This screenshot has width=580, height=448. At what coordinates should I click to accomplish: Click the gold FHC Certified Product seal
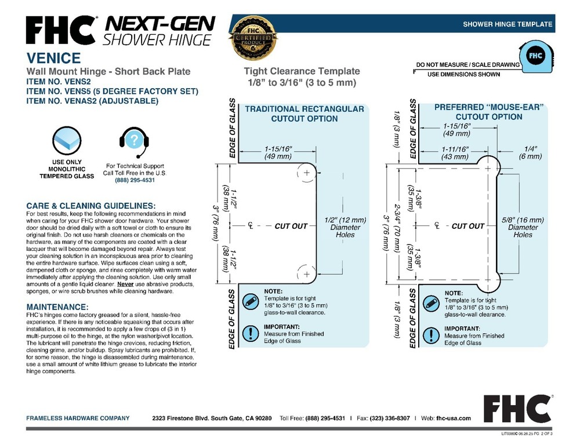(x=253, y=38)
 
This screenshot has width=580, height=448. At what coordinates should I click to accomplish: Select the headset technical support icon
(x=135, y=141)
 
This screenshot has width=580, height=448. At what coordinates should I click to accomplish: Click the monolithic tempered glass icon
(x=67, y=140)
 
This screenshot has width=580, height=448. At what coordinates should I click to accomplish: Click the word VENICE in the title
(x=53, y=58)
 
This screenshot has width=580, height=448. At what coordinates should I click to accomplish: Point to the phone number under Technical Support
(x=135, y=180)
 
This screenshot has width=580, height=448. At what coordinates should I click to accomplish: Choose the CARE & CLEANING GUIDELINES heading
(x=91, y=206)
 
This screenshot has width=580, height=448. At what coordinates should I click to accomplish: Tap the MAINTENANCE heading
(x=57, y=307)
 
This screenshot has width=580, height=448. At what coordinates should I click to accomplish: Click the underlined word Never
(x=125, y=284)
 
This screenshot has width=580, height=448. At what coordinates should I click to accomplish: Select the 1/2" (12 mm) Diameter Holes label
(x=345, y=227)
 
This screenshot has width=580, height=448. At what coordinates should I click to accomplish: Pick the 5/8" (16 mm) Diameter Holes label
(x=523, y=227)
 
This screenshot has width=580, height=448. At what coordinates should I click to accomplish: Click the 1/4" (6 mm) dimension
(x=530, y=152)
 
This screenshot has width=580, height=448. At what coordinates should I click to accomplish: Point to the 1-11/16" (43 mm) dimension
(x=455, y=152)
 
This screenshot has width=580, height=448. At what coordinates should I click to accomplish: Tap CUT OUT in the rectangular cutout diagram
(x=291, y=226)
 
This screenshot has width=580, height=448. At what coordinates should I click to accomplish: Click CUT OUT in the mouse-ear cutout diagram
(x=468, y=226)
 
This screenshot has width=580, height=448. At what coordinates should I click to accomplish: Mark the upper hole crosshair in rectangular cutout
(x=307, y=173)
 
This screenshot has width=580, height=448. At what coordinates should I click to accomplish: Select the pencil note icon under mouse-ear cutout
(x=431, y=304)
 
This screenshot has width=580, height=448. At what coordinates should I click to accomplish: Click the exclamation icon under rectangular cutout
(x=251, y=333)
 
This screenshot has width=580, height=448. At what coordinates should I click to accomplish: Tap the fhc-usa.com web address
(x=454, y=418)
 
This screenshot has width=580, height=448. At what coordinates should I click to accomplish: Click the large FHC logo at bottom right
(x=517, y=409)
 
